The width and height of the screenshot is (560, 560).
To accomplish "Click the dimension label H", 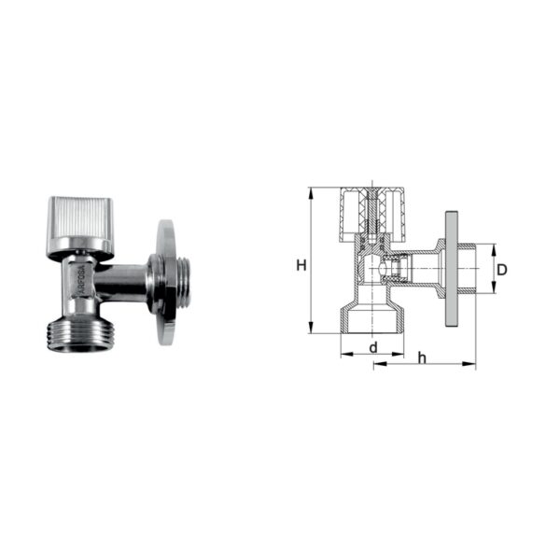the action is [x=301, y=265].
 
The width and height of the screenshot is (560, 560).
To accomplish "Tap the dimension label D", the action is [x=502, y=270].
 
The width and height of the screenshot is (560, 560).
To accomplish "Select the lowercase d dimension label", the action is [x=373, y=347].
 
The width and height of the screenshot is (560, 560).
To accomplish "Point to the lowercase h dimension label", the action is [x=423, y=357].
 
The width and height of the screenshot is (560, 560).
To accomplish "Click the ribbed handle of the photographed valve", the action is [x=80, y=227].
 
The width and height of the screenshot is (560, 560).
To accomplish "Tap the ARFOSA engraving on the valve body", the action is [x=81, y=281].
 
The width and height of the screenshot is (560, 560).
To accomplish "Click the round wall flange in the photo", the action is [x=166, y=282].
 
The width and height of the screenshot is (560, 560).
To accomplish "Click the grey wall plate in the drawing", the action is [x=452, y=269].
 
